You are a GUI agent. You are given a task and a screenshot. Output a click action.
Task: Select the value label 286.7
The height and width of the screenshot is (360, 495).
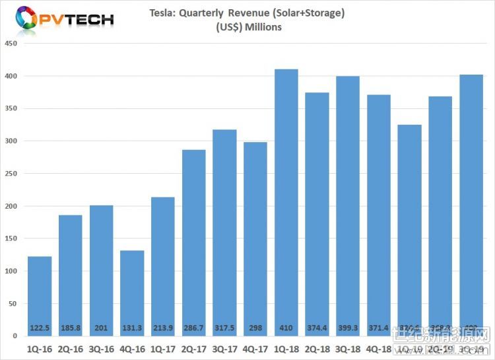[194, 327]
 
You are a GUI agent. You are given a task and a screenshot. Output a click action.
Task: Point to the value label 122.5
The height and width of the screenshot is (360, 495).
[40, 327]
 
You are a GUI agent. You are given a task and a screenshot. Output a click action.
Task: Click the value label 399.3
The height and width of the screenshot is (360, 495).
[348, 327]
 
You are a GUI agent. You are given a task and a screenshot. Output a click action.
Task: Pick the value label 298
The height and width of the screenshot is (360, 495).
[255, 327]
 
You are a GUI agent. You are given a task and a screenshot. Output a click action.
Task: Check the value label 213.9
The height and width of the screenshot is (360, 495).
[163, 327]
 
